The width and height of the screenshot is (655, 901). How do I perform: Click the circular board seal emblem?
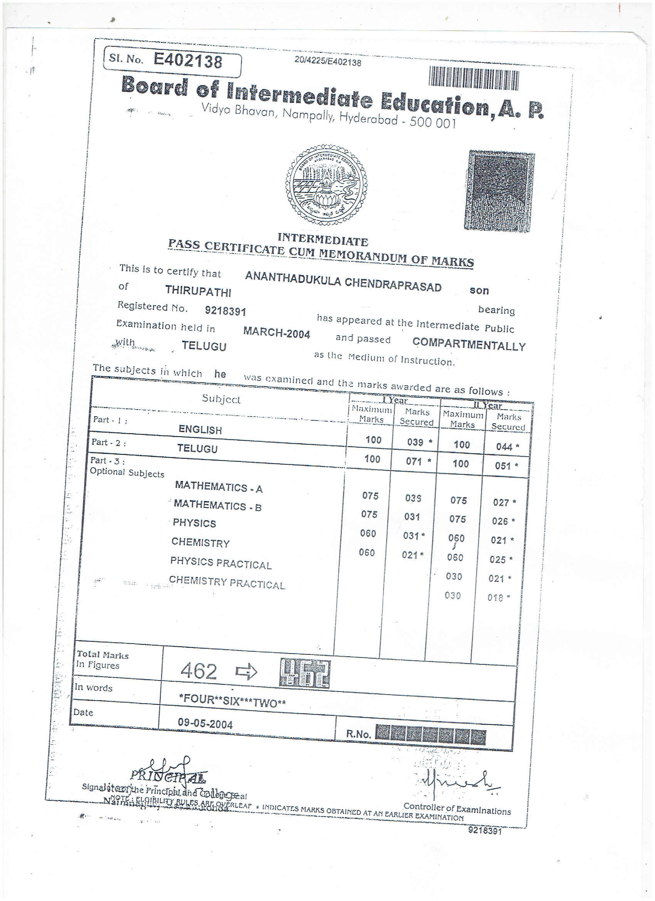point(326,184)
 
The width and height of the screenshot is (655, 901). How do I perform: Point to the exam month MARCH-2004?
point(277,333)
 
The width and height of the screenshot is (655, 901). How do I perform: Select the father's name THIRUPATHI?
point(198,291)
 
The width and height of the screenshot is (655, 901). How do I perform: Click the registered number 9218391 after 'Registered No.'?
point(225,311)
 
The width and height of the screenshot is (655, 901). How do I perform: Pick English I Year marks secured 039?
point(415,442)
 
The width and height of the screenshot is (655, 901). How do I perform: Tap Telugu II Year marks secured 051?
point(503,466)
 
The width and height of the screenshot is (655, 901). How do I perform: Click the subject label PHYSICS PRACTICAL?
point(221,563)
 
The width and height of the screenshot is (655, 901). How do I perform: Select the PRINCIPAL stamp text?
point(168,775)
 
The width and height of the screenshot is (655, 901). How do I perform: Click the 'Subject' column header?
point(221,399)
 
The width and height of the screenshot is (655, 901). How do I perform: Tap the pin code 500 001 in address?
point(433,123)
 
